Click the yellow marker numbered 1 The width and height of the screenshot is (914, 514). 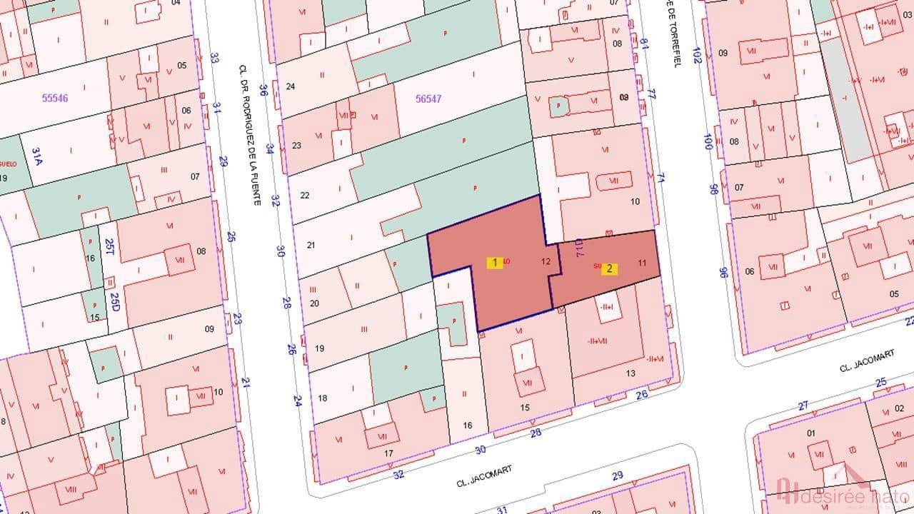pos(495,263)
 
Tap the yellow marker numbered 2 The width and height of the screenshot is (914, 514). pos(609,269)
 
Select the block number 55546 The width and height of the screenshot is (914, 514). pos(55,99)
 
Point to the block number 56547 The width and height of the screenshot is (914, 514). pos(428,99)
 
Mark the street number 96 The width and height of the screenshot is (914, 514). pos(723,272)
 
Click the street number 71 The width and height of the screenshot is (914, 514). pos(661,178)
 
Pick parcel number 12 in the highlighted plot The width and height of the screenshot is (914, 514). pos(546,261)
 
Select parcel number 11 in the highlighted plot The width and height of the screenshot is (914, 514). pos(643,263)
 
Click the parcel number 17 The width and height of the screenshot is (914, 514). pos(389,453)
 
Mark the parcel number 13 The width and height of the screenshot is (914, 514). pos(631,373)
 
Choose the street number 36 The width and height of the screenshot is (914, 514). pos(263,90)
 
